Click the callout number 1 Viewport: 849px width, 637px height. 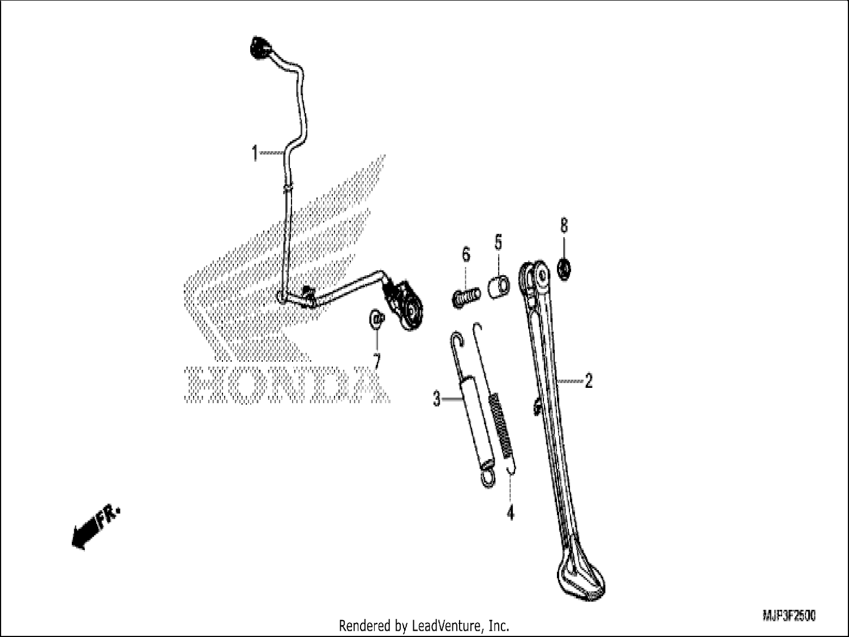[x=255, y=153]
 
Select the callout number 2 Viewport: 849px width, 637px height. [x=588, y=381]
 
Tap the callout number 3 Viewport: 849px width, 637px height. [x=437, y=399]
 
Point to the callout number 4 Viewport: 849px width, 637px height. [x=511, y=512]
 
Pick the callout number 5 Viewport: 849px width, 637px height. [x=498, y=242]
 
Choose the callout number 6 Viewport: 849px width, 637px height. [x=466, y=254]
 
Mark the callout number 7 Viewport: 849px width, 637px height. [x=376, y=361]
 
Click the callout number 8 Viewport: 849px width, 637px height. [x=564, y=225]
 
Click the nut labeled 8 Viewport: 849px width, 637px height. [x=564, y=269]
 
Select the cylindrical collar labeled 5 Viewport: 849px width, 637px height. [x=499, y=287]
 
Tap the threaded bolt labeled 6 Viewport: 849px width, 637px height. [x=466, y=297]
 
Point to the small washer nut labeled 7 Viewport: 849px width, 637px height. [x=377, y=319]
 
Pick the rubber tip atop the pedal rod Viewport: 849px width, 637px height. [x=261, y=48]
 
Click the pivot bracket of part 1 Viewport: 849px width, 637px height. [x=405, y=306]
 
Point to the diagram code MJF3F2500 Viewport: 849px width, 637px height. [x=789, y=615]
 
